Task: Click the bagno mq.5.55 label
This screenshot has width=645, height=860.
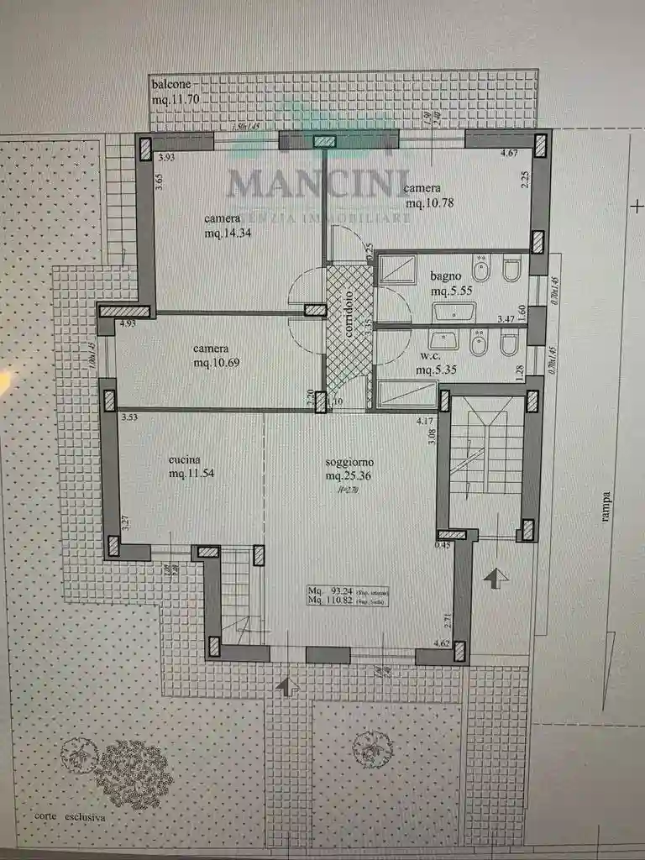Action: (454, 283)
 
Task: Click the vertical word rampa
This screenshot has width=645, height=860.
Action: (606, 506)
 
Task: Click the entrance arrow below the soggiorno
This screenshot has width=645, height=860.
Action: (288, 686)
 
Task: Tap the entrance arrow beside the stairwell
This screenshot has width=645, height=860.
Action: (496, 578)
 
